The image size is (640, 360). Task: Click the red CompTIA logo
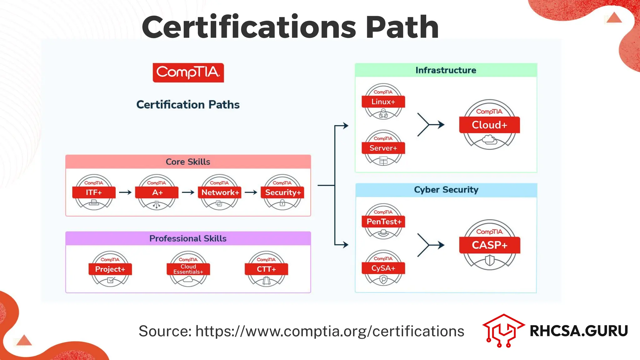188,72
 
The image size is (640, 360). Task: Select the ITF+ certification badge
94,192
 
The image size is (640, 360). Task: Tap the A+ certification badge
157,192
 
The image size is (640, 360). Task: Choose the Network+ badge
220,192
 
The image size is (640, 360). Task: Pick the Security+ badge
282,192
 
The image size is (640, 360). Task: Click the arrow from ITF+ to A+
125,192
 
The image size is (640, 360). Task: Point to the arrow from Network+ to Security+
251,192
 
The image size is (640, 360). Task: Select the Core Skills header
188,162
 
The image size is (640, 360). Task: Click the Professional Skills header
188,238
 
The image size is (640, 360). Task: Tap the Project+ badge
110,269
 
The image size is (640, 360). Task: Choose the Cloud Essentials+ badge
188,269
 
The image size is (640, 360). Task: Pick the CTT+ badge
266,269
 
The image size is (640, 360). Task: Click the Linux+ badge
383,102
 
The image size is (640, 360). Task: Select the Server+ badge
383,148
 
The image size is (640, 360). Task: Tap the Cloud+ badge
489,125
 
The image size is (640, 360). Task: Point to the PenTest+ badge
383,222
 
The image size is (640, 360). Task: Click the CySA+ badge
383,268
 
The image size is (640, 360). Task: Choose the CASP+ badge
489,245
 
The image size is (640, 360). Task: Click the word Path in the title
402,27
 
